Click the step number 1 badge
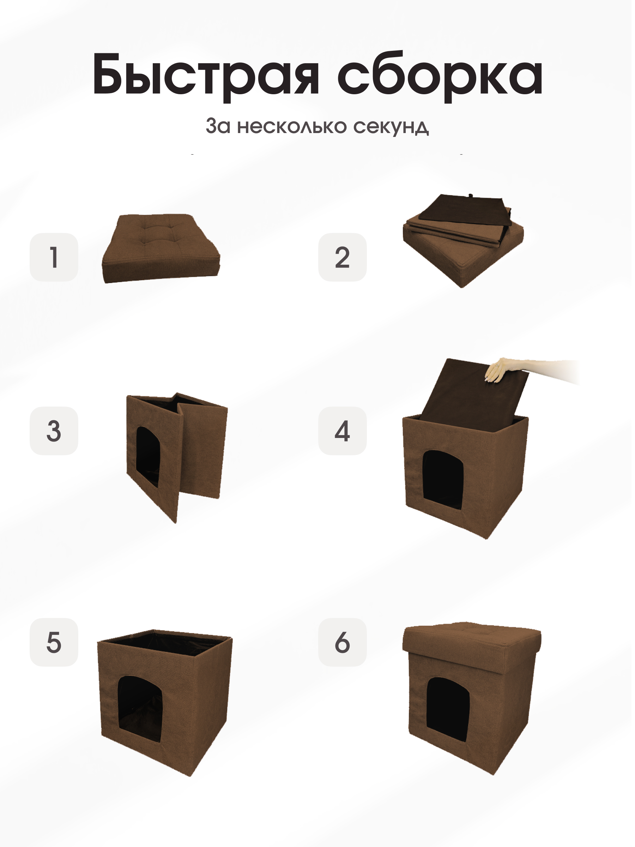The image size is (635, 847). [54, 257]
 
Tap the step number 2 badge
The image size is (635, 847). [342, 257]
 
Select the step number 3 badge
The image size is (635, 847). [54, 431]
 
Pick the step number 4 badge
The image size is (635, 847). [342, 431]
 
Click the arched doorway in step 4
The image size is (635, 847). [443, 479]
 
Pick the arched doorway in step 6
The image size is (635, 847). [448, 708]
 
